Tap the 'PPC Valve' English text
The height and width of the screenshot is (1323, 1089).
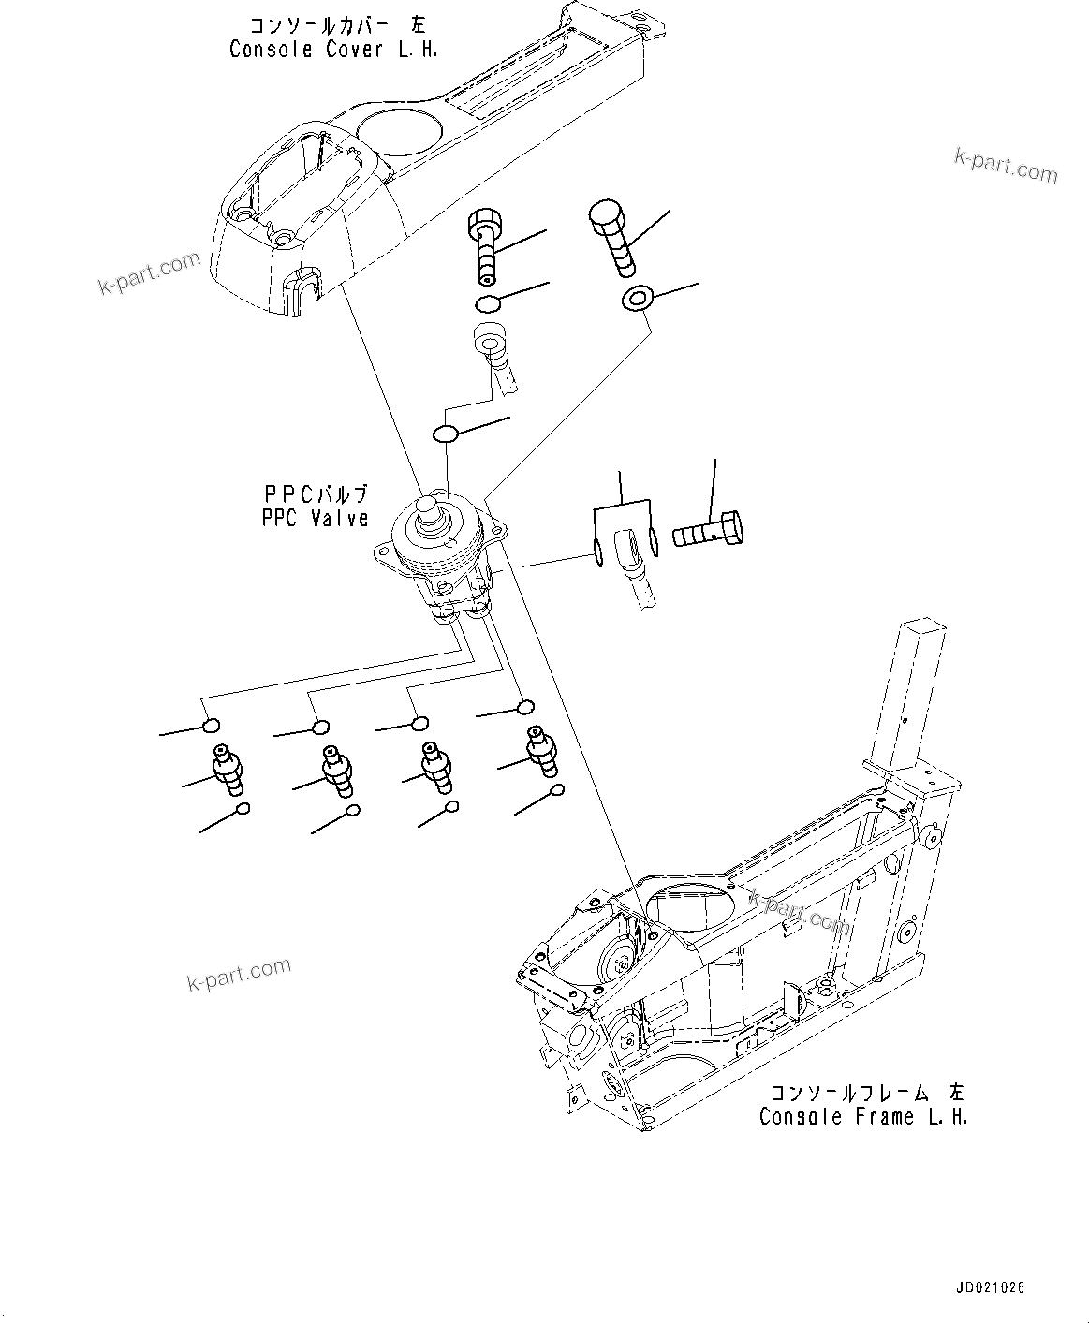[x=315, y=518]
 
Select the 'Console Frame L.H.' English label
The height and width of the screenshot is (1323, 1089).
[x=863, y=1116]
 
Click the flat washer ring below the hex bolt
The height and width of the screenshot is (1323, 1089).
[x=637, y=299]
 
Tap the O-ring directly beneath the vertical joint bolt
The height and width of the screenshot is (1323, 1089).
[x=486, y=303]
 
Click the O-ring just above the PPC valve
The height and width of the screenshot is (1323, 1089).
[x=445, y=434]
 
